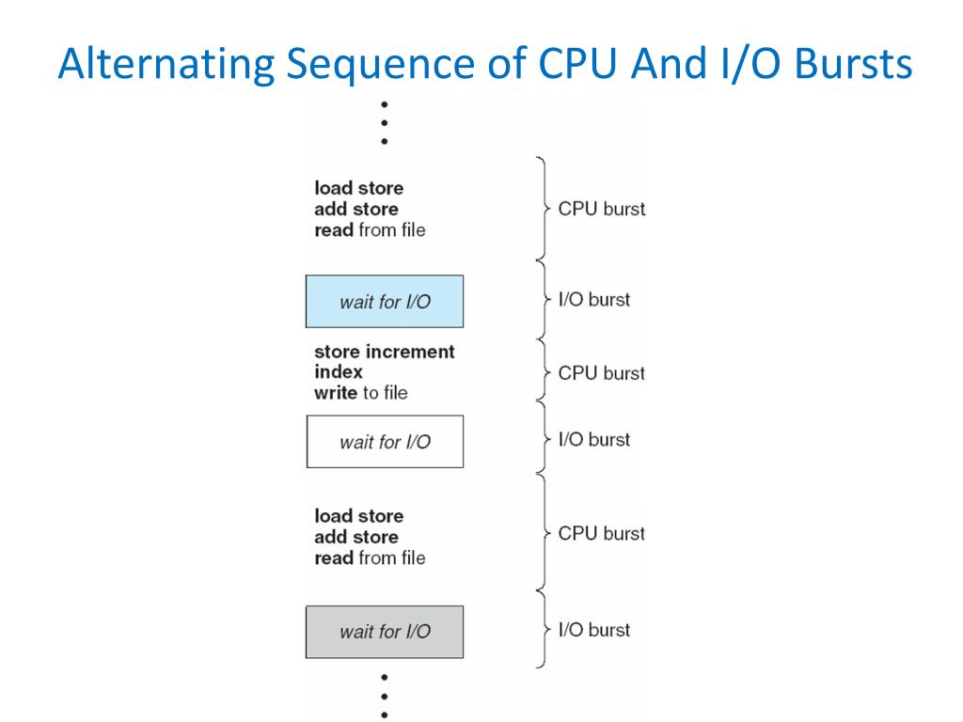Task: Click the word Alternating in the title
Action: point(166,65)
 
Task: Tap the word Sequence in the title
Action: point(380,65)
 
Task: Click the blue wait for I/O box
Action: point(385,302)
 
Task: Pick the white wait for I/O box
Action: point(385,442)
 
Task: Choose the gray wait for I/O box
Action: point(385,632)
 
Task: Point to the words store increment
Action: point(385,352)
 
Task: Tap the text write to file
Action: point(361,393)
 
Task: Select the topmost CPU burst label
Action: point(601,209)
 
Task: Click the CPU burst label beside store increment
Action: point(601,373)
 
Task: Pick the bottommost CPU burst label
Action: point(601,534)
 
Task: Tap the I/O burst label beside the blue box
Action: point(594,300)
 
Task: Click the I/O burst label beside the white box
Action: point(594,440)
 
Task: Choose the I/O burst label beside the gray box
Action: point(594,630)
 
